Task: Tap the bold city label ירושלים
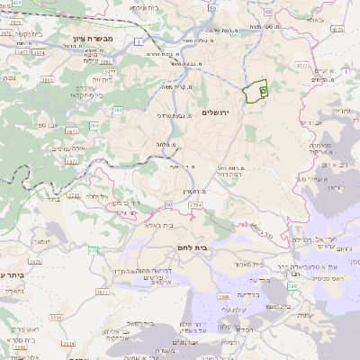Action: pyautogui.click(x=216, y=112)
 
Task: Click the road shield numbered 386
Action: pyautogui.click(x=118, y=111)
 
